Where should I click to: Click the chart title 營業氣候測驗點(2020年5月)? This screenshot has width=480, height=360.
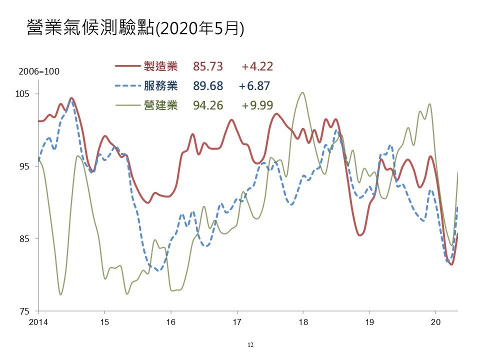click(x=135, y=28)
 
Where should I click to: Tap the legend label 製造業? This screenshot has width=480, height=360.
click(x=160, y=66)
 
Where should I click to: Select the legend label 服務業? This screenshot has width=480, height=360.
click(x=160, y=85)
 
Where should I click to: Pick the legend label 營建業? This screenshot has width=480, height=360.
click(x=160, y=105)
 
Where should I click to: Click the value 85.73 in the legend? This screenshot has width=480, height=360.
click(x=208, y=66)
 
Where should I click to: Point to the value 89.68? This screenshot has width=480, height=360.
click(x=208, y=86)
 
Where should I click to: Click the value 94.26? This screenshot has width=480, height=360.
click(x=208, y=105)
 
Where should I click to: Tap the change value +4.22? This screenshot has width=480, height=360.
click(x=257, y=66)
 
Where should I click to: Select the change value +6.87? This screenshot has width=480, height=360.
click(x=254, y=86)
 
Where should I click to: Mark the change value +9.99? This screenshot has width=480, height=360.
click(x=257, y=105)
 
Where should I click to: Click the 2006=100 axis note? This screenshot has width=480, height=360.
click(x=39, y=71)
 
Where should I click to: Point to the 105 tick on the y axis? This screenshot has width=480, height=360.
click(x=22, y=93)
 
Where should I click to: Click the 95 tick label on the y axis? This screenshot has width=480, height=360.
click(x=24, y=166)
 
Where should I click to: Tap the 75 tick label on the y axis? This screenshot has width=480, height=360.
click(x=24, y=311)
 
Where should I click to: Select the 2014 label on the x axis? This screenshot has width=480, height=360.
click(x=38, y=322)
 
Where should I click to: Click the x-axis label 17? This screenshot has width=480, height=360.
click(x=237, y=322)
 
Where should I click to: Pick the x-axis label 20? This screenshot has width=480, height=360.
click(x=435, y=322)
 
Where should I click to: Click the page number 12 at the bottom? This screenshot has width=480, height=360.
click(x=250, y=345)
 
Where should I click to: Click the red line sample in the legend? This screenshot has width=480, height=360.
click(x=127, y=66)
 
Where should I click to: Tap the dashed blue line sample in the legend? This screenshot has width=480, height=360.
click(x=127, y=85)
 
